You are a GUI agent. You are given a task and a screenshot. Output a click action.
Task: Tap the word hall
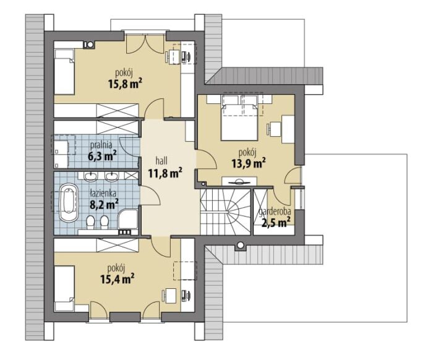point(161,160)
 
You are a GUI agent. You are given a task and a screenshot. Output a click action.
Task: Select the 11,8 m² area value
point(165,173)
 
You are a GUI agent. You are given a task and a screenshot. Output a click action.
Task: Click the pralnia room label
point(101,145)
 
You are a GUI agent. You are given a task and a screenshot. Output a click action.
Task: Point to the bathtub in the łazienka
point(69,202)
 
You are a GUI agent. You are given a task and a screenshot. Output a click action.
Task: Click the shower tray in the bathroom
point(128,219)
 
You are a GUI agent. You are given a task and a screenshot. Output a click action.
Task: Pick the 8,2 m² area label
point(105,205)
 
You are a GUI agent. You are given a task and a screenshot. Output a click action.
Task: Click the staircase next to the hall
point(225,212)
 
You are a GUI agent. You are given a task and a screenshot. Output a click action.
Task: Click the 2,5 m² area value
point(276,221)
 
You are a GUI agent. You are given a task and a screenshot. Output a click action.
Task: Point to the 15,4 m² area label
point(118,278)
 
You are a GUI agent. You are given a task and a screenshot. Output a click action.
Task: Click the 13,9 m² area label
point(249,163)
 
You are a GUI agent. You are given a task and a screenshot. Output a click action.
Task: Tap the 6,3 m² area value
point(102,156)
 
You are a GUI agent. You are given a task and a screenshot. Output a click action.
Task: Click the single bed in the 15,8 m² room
point(64,72)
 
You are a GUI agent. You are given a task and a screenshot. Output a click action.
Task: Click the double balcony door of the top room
point(145,43)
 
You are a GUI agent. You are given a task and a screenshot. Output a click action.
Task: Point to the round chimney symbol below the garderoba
point(241,245)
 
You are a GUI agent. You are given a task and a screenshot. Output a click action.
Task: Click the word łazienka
point(103,194)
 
